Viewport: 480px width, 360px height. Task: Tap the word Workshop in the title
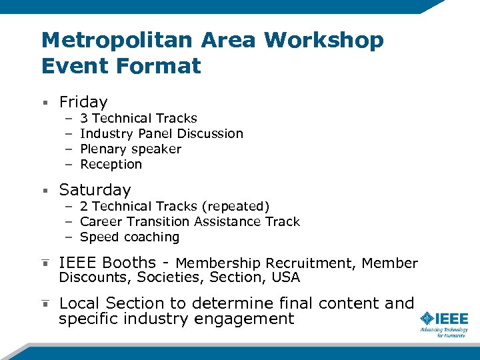[324, 41]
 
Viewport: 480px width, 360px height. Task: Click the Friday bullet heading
[83, 102]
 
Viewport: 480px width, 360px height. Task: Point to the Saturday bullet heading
[95, 190]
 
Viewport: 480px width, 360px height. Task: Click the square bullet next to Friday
[45, 103]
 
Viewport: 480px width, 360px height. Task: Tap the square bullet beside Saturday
[45, 191]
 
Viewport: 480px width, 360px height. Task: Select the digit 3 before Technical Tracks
[84, 119]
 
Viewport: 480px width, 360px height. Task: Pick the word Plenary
[103, 149]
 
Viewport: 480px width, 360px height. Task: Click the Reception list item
[111, 165]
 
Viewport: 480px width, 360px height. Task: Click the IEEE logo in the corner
[443, 323]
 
